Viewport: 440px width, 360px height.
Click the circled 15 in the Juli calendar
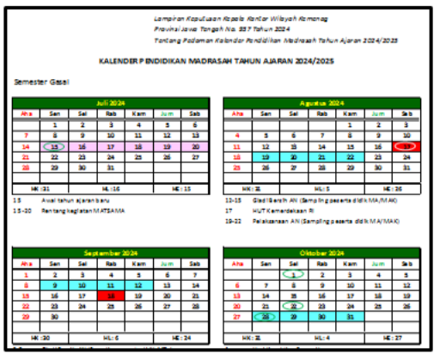coord(55,146)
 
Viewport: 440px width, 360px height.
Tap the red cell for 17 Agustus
coord(406,146)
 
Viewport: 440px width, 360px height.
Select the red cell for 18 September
coord(111,295)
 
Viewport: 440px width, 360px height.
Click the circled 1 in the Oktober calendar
coord(294,274)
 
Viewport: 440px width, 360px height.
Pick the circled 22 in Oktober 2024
coord(294,305)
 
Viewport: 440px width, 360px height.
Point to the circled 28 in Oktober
coord(266,316)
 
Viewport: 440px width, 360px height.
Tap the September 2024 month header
coord(111,253)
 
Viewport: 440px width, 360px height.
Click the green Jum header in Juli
coord(167,113)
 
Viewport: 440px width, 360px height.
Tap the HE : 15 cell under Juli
coord(181,186)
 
